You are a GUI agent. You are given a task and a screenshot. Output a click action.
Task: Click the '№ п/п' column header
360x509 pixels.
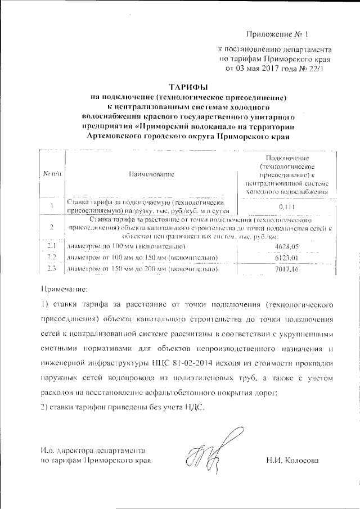[52, 175]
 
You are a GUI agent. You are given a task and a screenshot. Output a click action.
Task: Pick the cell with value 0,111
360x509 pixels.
[286, 207]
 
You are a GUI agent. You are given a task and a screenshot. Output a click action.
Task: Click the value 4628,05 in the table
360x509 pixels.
[286, 247]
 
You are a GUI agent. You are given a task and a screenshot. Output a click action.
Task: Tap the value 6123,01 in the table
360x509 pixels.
[286, 258]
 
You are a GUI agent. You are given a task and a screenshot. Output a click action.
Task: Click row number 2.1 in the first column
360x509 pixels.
[52, 247]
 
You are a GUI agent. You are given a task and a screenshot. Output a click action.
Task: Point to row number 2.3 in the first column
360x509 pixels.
[52, 269]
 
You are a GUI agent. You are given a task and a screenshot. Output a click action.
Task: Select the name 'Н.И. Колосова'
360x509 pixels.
[292, 461]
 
